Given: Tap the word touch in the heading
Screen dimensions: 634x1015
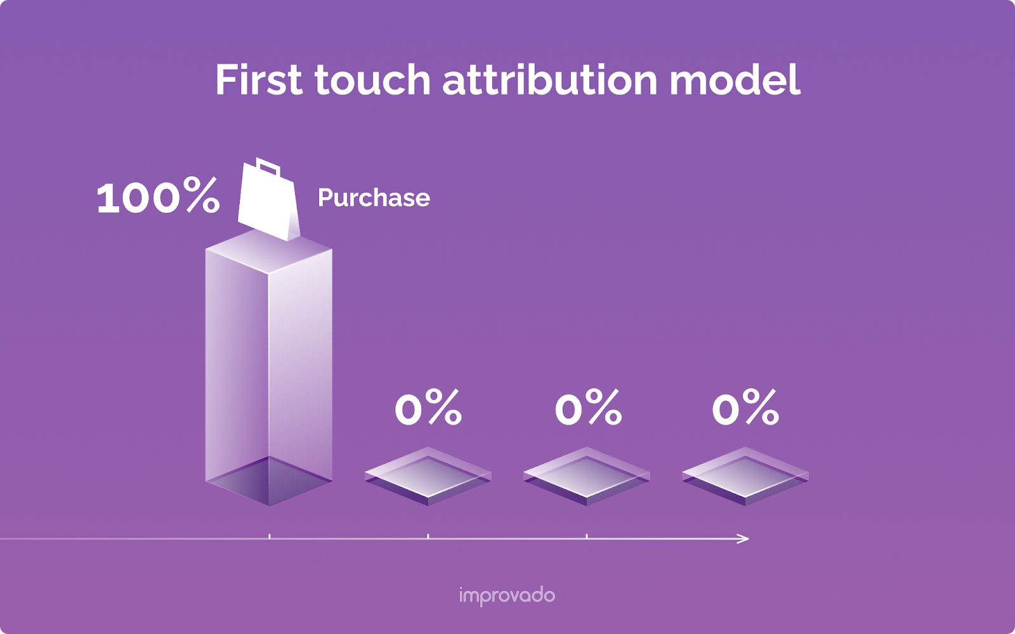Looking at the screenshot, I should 372,81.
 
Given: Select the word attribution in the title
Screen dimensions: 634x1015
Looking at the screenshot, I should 549,81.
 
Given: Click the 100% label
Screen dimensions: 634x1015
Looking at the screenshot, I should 158,197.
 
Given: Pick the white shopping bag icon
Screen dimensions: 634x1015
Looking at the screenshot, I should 268,203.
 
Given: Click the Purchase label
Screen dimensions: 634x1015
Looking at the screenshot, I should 374,198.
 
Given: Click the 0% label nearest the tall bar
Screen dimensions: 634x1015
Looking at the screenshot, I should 428,408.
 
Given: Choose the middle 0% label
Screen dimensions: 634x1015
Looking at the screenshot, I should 588,408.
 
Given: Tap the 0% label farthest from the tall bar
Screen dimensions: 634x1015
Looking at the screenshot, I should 745,408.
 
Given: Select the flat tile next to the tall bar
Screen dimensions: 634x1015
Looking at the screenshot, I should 428,475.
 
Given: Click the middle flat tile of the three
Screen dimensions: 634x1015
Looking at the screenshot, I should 587,475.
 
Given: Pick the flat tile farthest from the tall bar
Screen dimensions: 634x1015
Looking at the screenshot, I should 745,475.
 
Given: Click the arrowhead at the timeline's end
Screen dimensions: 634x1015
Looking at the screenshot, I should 743,539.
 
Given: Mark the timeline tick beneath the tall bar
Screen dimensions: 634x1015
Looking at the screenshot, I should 270,537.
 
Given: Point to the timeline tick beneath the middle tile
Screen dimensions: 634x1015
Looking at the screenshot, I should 587,537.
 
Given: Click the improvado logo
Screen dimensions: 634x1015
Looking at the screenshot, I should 507,596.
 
